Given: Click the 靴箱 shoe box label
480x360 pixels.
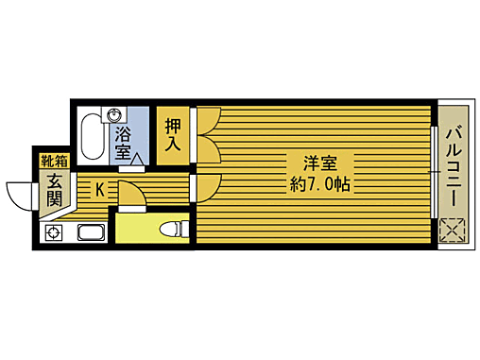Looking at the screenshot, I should pyautogui.click(x=53, y=162).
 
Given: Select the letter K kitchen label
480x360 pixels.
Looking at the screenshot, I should pyautogui.click(x=98, y=189).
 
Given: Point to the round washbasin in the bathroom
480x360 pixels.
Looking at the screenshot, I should pyautogui.click(x=116, y=116).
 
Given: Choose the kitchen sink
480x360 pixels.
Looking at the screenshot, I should pyautogui.click(x=89, y=232).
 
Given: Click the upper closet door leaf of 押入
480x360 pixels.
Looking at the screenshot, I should pyautogui.click(x=208, y=122).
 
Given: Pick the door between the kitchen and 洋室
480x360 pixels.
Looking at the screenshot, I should pyautogui.click(x=205, y=187).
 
